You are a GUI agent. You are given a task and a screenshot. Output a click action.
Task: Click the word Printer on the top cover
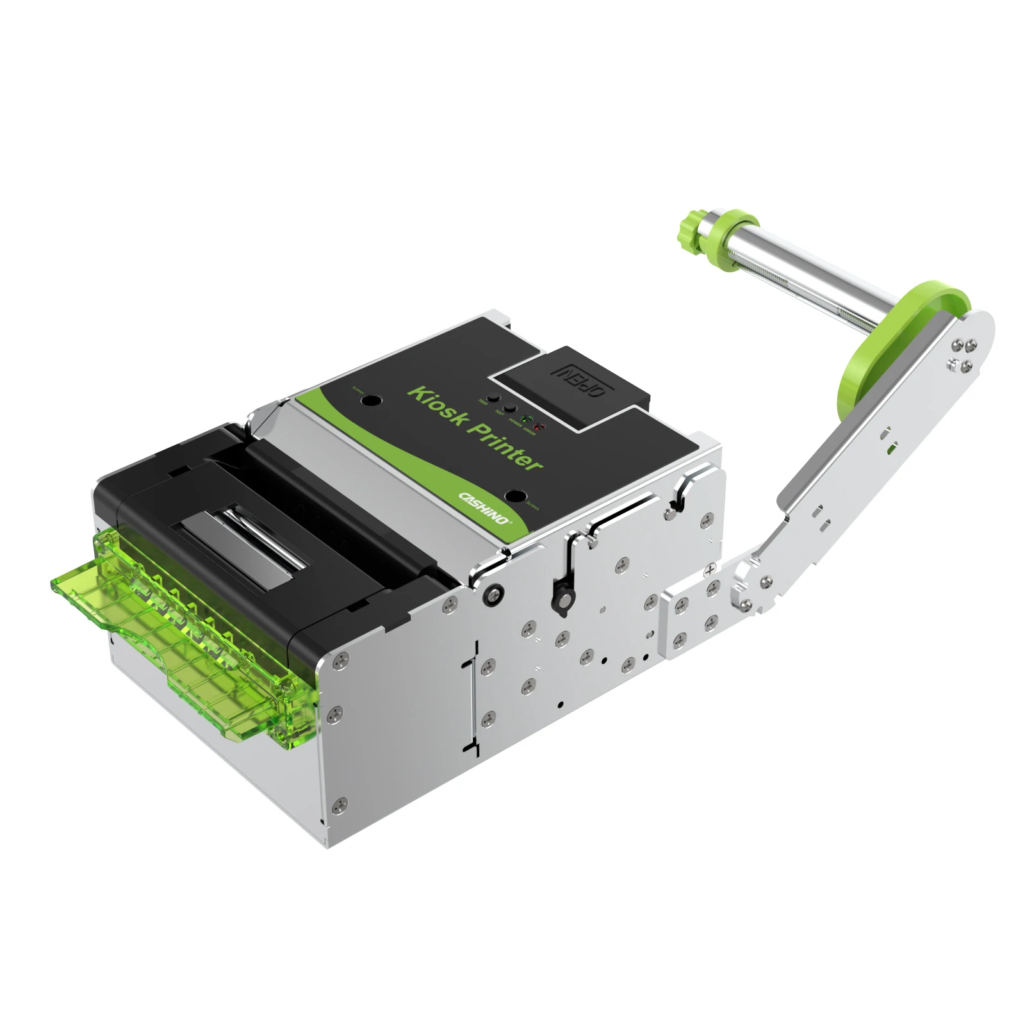[x=507, y=447]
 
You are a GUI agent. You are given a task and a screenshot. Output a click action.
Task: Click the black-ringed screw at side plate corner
[x=492, y=594]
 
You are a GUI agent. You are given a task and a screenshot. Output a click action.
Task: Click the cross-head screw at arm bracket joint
[x=710, y=569]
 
